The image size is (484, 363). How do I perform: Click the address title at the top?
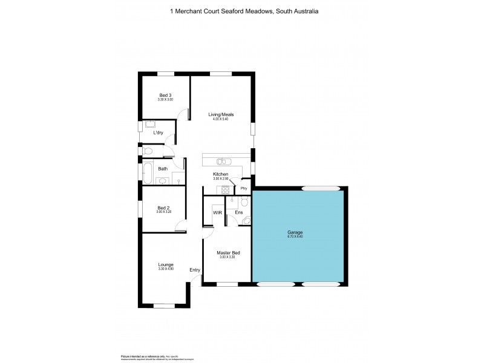242,11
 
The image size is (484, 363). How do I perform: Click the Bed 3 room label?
165,95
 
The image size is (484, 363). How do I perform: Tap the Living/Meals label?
221,114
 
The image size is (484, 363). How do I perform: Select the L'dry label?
159,132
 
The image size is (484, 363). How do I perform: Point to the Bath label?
163,169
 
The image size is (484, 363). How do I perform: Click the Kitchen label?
220,174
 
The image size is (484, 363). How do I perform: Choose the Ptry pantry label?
244,189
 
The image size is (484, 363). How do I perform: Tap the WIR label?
217,212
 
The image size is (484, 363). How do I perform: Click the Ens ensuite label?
239,212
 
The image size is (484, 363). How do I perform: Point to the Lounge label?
165,264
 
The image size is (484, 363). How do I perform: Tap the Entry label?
195,270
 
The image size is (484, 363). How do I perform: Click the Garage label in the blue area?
295,232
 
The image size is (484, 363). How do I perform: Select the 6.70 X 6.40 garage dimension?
295,237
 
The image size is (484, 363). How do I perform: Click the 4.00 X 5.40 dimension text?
221,119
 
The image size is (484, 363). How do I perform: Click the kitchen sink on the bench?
222,161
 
